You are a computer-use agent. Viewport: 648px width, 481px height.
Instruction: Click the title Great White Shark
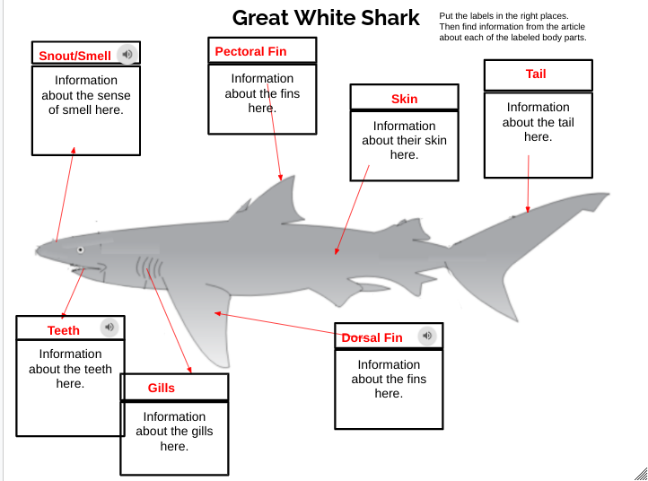coord(325,18)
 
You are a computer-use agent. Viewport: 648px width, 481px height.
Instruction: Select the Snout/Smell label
coord(75,56)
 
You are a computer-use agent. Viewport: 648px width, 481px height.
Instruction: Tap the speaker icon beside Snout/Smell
coord(128,55)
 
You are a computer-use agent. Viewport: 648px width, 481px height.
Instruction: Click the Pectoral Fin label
coord(250,51)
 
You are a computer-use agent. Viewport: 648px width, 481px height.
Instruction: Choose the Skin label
coord(404,99)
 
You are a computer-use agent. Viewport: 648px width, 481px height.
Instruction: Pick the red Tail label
coord(536,74)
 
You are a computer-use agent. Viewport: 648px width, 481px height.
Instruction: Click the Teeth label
coord(64,330)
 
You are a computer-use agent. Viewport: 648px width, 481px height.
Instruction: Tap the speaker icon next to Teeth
coord(109,328)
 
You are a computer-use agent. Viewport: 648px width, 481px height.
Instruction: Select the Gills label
coord(162,388)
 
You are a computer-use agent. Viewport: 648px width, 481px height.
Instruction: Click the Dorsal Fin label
coord(372,337)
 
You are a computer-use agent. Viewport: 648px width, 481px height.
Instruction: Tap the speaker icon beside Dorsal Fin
coord(427,336)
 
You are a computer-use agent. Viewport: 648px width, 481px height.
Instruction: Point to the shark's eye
coord(80,249)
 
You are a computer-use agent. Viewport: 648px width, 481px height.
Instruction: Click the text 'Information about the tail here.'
coord(538,122)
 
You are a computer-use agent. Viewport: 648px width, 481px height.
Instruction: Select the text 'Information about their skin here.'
coord(404,140)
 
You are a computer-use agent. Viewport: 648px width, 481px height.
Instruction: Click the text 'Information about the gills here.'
coord(174,431)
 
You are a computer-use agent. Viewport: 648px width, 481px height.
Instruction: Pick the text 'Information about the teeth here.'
coord(70,368)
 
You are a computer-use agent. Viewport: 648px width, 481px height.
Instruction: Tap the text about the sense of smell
coord(85,95)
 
